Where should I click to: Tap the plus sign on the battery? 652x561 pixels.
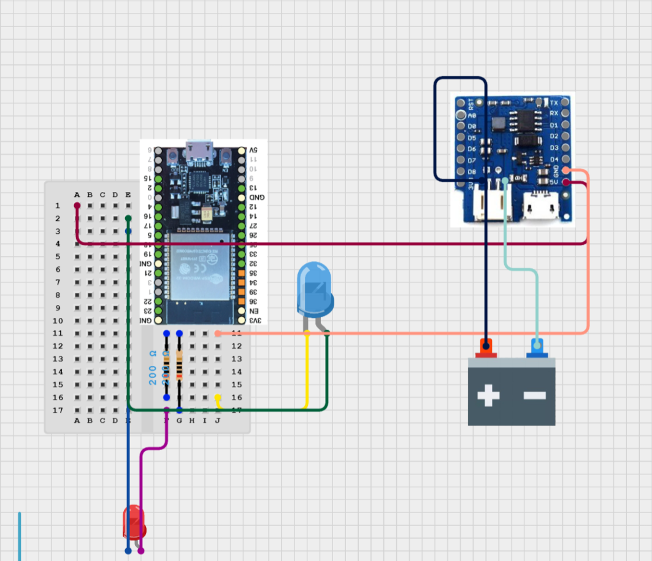point(488,395)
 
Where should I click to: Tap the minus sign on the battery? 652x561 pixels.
point(534,395)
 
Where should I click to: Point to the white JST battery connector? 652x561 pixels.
point(492,205)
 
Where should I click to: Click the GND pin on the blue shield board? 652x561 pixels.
point(566,170)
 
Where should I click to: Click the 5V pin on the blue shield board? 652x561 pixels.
point(566,182)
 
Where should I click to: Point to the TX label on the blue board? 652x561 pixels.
point(554,103)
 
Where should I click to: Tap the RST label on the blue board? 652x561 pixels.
point(471,103)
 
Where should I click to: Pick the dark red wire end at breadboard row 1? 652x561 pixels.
point(77,206)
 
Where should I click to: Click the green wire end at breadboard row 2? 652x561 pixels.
point(128,219)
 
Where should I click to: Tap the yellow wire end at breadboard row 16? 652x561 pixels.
point(218,398)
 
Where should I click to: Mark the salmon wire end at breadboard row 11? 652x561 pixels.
point(218,333)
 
